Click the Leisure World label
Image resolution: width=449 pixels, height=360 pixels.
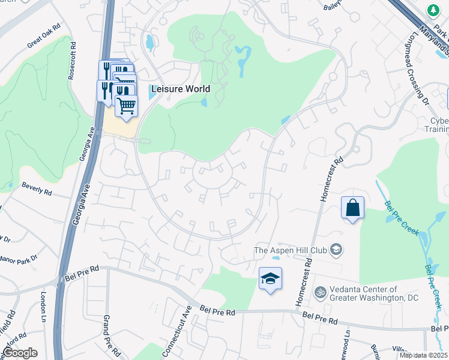(x=181, y=89)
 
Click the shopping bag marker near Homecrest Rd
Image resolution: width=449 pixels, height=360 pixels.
(x=352, y=208)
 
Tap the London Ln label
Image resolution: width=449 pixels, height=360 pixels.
(x=44, y=307)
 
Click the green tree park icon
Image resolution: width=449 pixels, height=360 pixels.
(x=432, y=10)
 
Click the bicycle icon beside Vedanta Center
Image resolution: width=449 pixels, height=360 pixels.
(x=320, y=293)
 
